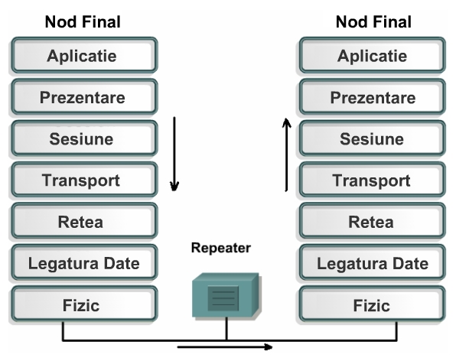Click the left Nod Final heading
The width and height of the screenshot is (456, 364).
[x=83, y=22]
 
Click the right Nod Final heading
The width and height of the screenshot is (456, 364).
[x=373, y=22]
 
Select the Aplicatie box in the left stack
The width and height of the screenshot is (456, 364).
[x=85, y=55]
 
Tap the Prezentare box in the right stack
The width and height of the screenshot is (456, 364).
[x=373, y=97]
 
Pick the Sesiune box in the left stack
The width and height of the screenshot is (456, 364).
[x=85, y=138]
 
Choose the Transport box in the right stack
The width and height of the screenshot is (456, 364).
[x=373, y=180]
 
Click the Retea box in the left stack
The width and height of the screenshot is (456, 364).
[x=85, y=221]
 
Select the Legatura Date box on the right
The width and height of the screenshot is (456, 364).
[x=373, y=262]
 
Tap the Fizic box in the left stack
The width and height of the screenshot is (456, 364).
[x=85, y=304]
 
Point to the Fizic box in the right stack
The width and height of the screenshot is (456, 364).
[x=373, y=304]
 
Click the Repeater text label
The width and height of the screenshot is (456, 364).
[x=221, y=248]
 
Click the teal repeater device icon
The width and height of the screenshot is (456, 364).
[x=226, y=295]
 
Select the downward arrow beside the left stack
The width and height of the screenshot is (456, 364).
[x=174, y=154]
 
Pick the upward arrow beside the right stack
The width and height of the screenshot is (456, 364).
[x=286, y=154]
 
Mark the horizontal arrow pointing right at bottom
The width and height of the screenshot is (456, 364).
[x=225, y=346]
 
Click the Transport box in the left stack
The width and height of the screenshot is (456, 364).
[x=85, y=180]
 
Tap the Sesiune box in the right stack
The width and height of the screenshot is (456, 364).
[x=373, y=138]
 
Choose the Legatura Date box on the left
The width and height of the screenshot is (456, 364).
[x=85, y=262]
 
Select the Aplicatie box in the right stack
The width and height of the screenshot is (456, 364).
[x=373, y=55]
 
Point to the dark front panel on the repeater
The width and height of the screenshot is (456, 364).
[x=223, y=298]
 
